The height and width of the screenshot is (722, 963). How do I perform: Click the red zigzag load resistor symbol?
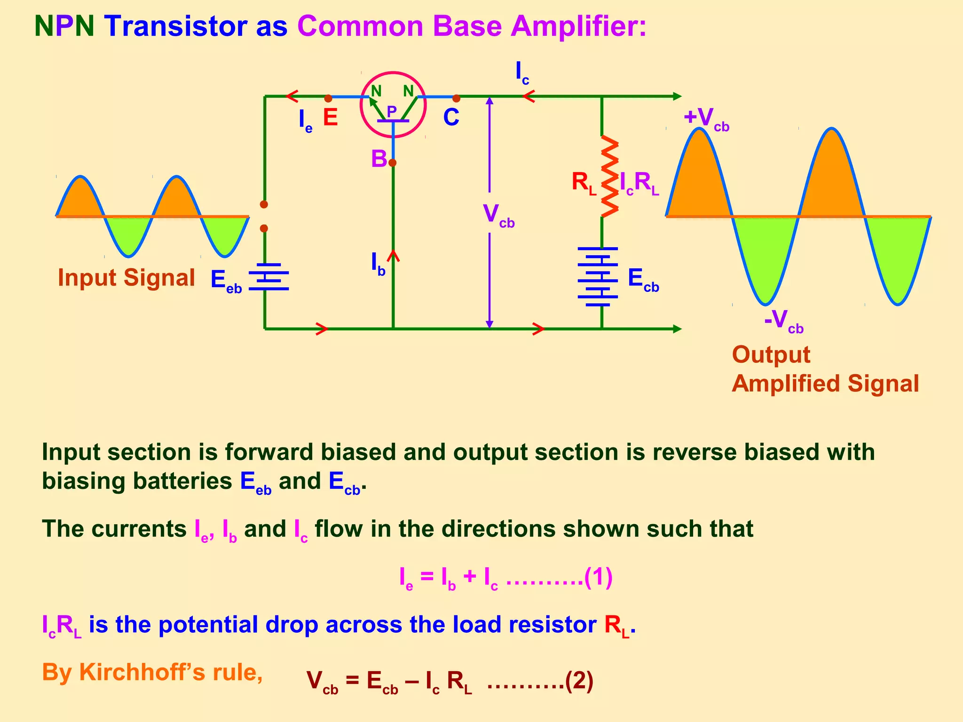pyautogui.click(x=609, y=177)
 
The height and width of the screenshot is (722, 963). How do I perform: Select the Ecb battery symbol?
pyautogui.click(x=598, y=277)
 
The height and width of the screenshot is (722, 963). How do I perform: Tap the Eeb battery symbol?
pyautogui.click(x=268, y=276)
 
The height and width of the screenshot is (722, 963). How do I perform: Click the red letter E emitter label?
pyautogui.click(x=330, y=118)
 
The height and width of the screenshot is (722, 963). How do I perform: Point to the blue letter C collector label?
pyautogui.click(x=451, y=118)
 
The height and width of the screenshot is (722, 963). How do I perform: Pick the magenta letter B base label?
pyautogui.click(x=379, y=159)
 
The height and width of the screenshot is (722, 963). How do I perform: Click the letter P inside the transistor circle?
pyautogui.click(x=391, y=111)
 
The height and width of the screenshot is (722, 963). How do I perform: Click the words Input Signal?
pyautogui.click(x=126, y=277)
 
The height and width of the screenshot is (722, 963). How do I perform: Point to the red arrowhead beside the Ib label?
pyautogui.click(x=394, y=256)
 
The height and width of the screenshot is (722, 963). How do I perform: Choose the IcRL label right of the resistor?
pyautogui.click(x=639, y=183)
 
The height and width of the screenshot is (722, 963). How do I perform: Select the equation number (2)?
pyautogui.click(x=579, y=682)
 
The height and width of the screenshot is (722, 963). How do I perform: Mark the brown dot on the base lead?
pyautogui.click(x=393, y=163)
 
